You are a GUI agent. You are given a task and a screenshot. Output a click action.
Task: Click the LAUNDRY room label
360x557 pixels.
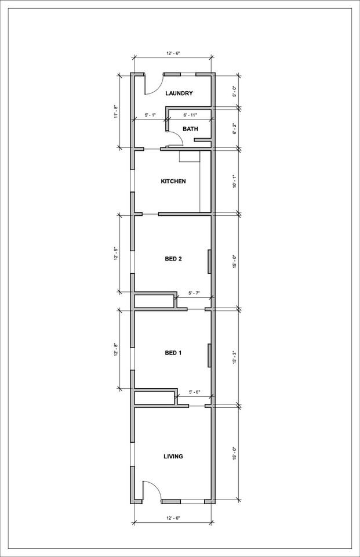179,93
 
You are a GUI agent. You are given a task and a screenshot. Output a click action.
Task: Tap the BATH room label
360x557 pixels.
190,129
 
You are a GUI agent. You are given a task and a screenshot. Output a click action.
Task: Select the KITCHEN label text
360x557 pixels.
173,182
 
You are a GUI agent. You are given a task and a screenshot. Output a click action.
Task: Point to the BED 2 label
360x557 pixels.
173,259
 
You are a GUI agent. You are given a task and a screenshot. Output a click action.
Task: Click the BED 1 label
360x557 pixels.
173,353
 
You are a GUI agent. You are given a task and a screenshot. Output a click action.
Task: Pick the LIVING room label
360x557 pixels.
173,457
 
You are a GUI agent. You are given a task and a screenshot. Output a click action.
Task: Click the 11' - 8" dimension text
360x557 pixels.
116,111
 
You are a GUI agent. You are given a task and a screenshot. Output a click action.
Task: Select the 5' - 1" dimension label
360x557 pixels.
150,115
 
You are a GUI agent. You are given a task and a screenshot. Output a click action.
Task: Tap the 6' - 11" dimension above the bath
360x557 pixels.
190,115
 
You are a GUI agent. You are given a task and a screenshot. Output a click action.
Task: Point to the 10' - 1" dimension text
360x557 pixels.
235,182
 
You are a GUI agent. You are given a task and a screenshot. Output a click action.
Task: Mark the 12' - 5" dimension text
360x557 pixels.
116,254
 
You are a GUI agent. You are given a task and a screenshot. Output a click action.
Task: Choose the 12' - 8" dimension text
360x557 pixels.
116,350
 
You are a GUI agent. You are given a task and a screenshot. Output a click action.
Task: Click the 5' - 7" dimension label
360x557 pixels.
194,293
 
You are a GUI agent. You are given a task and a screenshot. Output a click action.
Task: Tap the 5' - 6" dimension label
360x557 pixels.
195,393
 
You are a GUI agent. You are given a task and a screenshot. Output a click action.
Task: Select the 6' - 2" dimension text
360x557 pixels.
235,128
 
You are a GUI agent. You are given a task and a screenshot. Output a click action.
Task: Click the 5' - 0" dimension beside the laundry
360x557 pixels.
235,91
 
